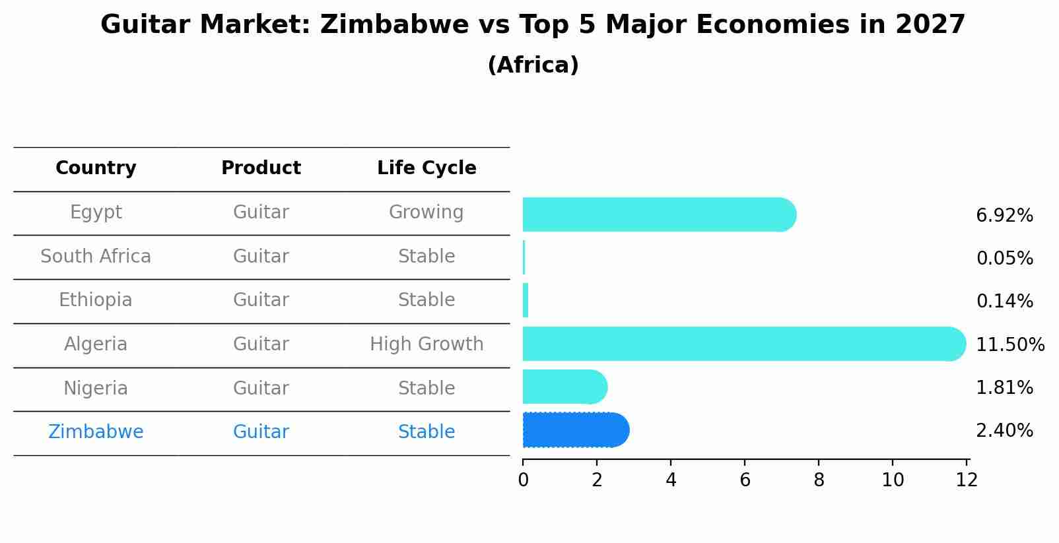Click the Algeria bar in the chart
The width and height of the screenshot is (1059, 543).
743,344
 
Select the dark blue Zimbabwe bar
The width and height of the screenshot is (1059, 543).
575,430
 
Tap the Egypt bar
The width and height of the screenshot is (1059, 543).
659,214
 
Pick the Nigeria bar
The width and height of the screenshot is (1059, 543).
564,387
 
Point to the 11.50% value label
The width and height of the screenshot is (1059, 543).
1009,344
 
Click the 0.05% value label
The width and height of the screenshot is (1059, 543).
1004,258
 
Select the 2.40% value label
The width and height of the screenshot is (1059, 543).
1004,430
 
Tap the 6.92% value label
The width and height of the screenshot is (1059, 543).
1004,215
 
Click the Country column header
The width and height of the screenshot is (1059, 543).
96,168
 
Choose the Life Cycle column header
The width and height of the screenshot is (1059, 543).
427,168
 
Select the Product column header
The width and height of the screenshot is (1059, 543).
261,168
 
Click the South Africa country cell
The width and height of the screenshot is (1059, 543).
96,256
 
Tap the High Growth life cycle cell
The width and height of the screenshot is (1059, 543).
427,344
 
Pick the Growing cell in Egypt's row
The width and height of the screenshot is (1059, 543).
427,212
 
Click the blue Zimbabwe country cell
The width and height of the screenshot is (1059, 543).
96,431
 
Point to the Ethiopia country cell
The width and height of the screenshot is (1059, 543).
96,300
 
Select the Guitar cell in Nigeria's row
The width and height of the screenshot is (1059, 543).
261,388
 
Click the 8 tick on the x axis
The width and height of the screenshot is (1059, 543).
819,480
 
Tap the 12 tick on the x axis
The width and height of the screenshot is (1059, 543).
967,480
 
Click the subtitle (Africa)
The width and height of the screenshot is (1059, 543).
533,65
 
